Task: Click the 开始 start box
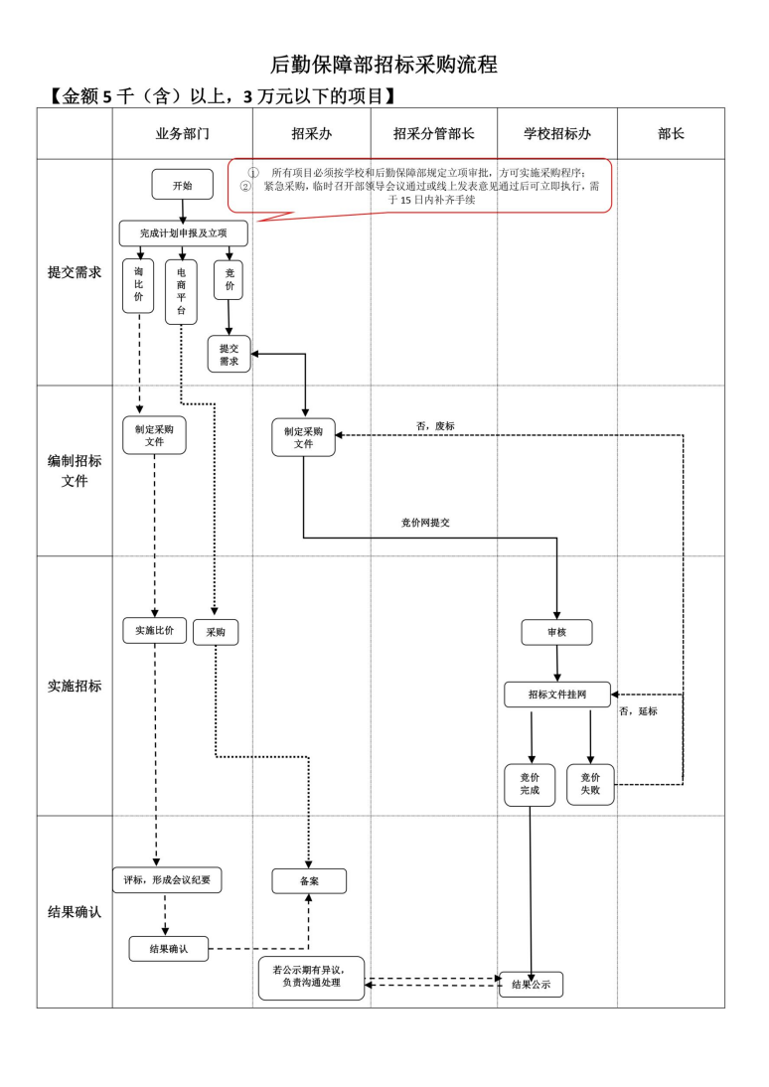point(182,185)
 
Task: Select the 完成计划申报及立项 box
point(183,233)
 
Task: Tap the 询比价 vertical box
point(138,285)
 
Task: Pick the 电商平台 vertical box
point(181,291)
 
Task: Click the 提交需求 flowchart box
point(230,355)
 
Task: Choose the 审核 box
point(556,632)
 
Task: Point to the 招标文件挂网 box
point(556,695)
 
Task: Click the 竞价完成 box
point(530,784)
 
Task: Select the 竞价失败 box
point(590,784)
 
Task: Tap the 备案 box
point(309,881)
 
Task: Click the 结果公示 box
point(531,985)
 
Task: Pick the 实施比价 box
point(154,630)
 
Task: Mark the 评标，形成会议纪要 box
point(167,879)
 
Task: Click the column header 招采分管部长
point(434,134)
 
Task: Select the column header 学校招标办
point(557,134)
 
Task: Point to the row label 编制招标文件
point(75,471)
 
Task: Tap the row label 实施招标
point(75,686)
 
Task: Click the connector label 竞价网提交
point(425,522)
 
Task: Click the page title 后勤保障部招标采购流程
point(384,66)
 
